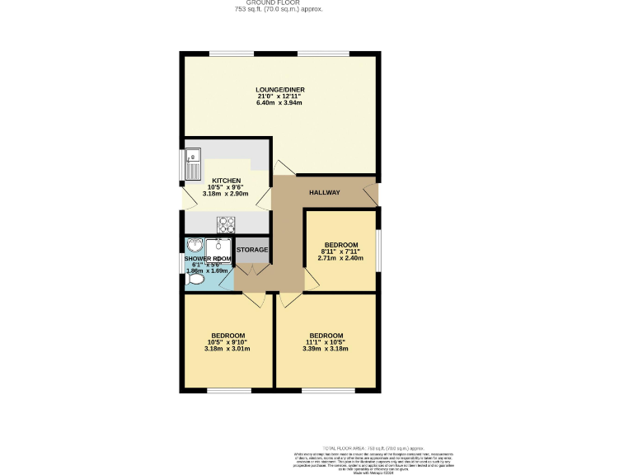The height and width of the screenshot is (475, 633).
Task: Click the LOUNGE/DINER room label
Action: point(279,88)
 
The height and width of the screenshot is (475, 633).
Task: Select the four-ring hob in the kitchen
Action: point(226,223)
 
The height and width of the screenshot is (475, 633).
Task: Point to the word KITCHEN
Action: point(227,181)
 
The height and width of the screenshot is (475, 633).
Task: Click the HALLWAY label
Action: point(324,193)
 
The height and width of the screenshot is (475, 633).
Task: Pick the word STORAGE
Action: point(252,250)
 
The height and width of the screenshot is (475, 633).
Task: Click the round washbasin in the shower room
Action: point(195,245)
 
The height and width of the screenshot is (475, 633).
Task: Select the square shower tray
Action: point(218,248)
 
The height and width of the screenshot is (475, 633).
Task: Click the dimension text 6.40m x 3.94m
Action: point(279,103)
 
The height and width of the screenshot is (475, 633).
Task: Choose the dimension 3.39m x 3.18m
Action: point(325,349)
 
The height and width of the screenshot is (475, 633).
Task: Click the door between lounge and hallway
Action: point(283,167)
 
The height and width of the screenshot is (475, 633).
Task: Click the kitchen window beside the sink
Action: point(183,164)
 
